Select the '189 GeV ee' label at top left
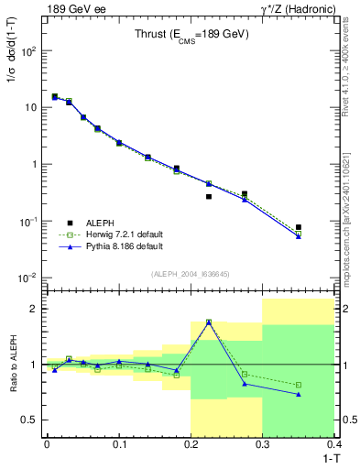click(71, 9)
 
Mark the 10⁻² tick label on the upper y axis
click(27, 278)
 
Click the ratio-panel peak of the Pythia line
click(209, 322)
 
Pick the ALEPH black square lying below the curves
click(209, 196)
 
